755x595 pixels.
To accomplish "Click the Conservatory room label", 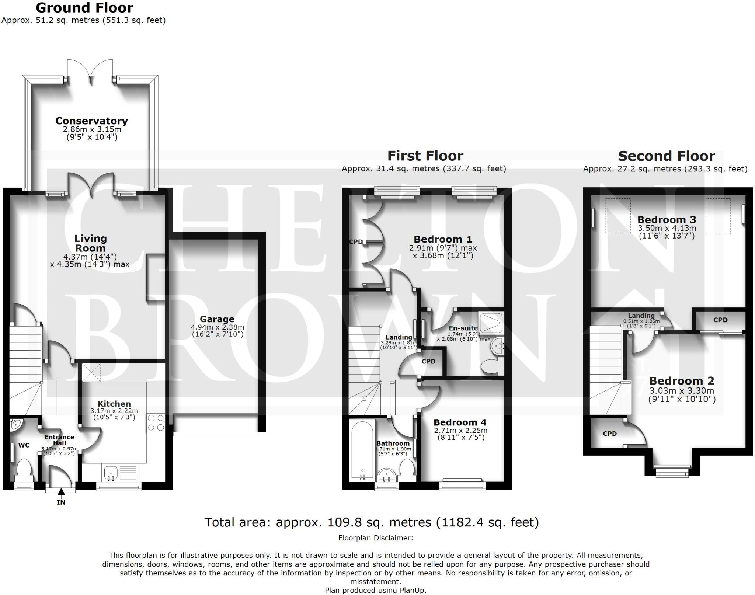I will [91, 121].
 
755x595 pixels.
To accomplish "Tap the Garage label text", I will [217, 319].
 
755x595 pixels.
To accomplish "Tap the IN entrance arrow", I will [61, 491].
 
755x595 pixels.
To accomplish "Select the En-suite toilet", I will [490, 367].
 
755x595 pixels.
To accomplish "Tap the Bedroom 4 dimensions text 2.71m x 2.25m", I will [460, 431].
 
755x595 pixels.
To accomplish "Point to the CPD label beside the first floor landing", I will [428, 361].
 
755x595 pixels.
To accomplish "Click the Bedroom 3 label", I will [667, 219].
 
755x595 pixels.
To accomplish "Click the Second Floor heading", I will [666, 156].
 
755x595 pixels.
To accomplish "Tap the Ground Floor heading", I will [84, 8].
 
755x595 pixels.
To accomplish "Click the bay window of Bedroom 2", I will [672, 472].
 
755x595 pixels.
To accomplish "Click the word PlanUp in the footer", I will [413, 590].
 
